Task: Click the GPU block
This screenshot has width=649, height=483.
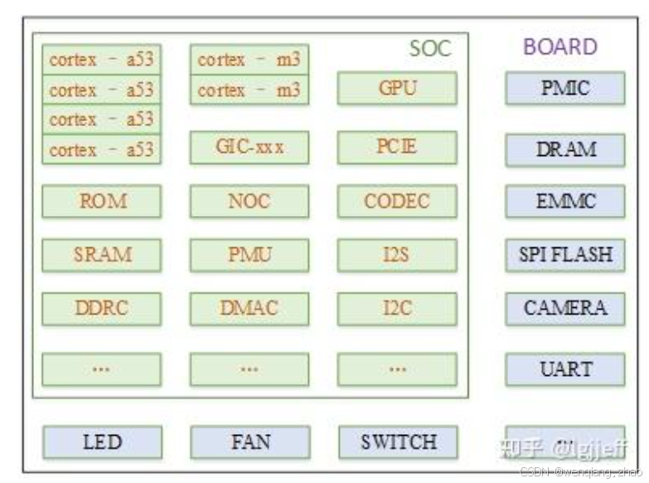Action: [397, 88]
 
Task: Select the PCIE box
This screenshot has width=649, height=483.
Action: [397, 148]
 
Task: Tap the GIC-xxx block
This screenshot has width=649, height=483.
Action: [249, 148]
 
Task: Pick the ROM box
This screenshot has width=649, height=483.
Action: [102, 201]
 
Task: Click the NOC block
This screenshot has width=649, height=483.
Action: [249, 201]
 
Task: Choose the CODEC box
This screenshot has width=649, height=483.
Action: [397, 201]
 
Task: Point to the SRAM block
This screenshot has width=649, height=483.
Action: [102, 255]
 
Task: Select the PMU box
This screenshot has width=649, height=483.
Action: [249, 255]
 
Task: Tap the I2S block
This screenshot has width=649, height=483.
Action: [397, 255]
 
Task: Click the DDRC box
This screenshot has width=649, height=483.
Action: [102, 309]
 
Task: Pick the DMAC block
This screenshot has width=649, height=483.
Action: [249, 309]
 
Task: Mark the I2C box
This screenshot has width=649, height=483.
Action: [397, 309]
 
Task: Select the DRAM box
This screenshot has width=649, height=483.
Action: [564, 149]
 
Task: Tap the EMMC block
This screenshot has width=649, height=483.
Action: [564, 201]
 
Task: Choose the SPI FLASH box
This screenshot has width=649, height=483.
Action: [564, 255]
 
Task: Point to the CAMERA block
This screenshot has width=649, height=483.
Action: [564, 309]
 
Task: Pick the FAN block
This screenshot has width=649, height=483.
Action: [249, 442]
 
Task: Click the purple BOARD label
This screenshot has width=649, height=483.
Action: [559, 47]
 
